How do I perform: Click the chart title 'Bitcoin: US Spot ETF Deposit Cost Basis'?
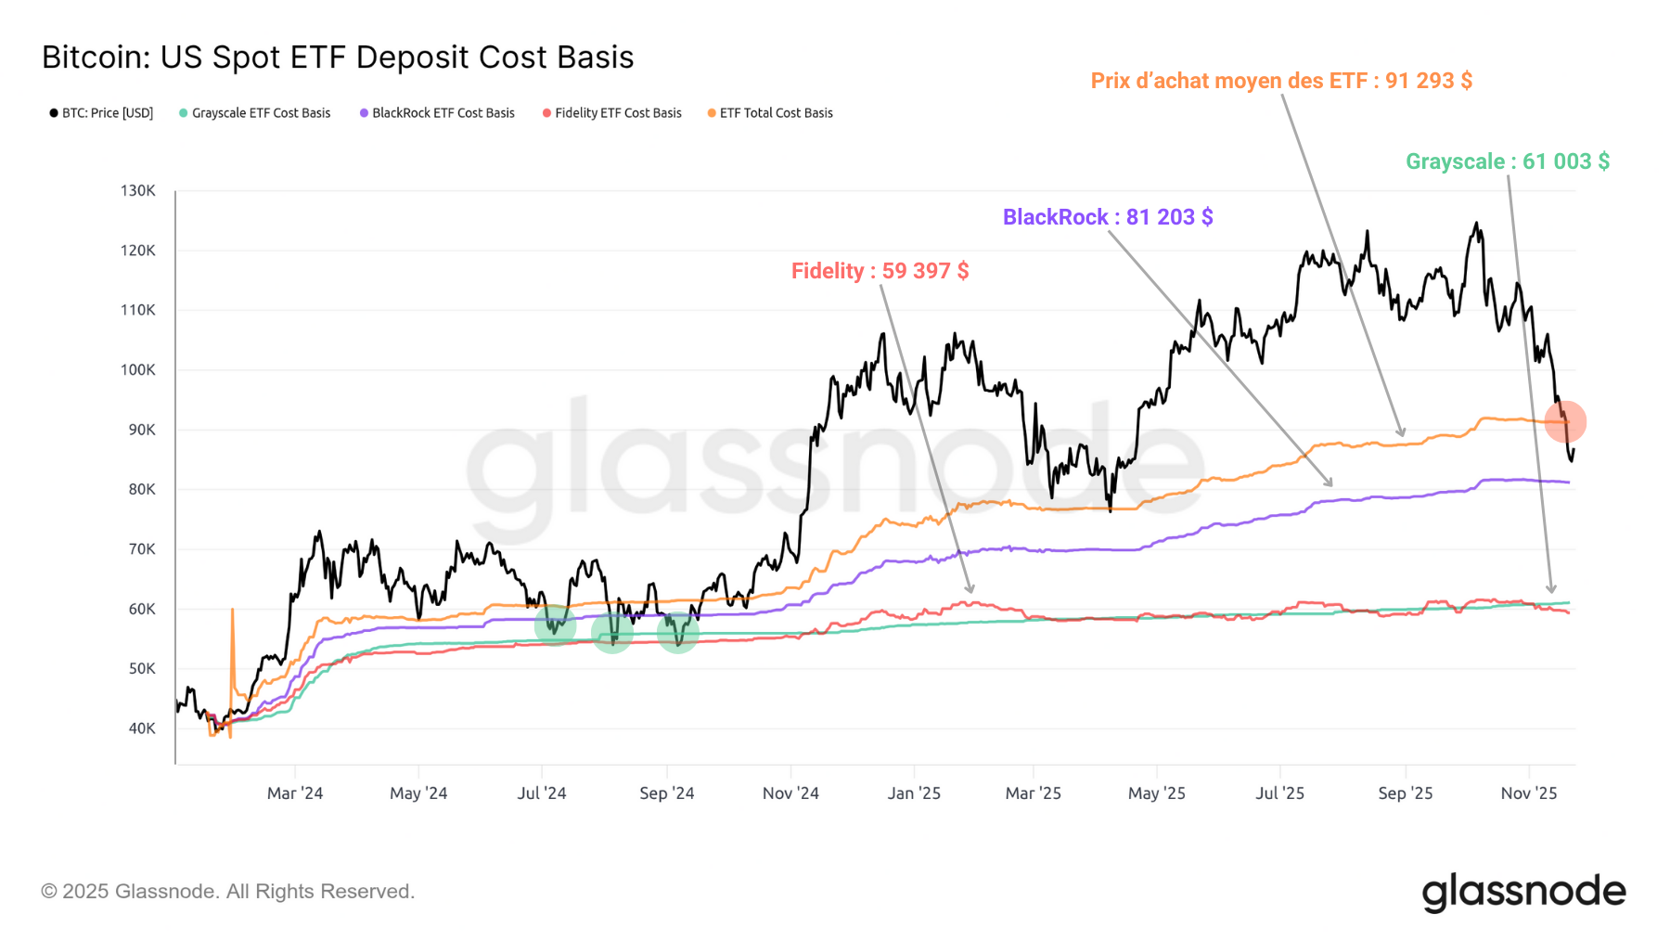click(x=338, y=58)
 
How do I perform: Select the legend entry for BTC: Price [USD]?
click(x=101, y=113)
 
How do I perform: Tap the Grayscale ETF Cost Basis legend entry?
click(x=255, y=113)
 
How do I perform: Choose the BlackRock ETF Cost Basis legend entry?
click(x=437, y=113)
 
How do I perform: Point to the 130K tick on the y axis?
click(x=138, y=191)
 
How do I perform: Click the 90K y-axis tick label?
click(x=142, y=430)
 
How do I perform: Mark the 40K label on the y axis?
click(x=142, y=728)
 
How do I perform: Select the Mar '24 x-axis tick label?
click(x=295, y=793)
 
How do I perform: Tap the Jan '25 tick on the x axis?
click(x=914, y=793)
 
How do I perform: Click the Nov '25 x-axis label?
click(x=1529, y=793)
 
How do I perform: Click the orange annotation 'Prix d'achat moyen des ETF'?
click(x=1281, y=81)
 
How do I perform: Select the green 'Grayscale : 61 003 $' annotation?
click(x=1508, y=161)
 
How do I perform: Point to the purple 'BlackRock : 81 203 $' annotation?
click(x=1108, y=217)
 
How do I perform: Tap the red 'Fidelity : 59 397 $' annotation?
click(x=880, y=271)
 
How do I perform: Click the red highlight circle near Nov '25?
click(x=1565, y=421)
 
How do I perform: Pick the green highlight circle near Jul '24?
click(x=555, y=626)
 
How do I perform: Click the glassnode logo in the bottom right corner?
click(x=1523, y=892)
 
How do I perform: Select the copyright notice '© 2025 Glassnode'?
click(x=227, y=892)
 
